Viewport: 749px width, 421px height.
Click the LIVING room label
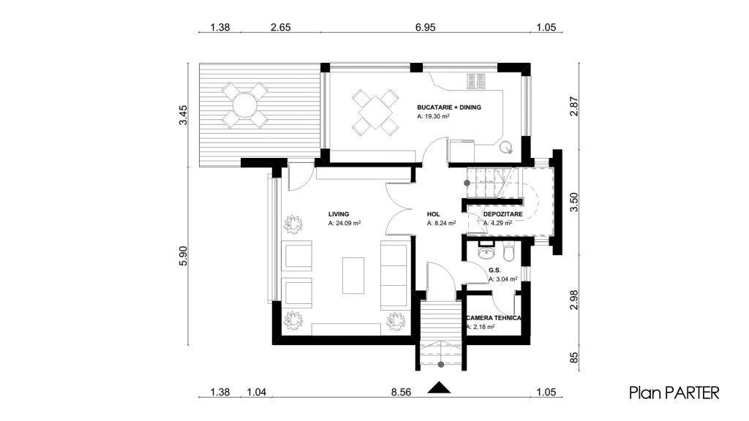tap(339, 214)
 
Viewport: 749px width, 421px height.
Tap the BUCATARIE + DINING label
tap(449, 107)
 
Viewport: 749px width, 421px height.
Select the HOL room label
tap(433, 214)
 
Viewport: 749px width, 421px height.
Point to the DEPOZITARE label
tap(503, 214)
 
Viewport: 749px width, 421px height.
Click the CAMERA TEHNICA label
tap(494, 318)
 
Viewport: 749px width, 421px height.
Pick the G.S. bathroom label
tap(495, 270)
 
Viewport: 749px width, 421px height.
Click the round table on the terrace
tap(244, 105)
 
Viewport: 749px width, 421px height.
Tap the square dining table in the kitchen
tap(375, 112)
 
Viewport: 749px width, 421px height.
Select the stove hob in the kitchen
tap(476, 81)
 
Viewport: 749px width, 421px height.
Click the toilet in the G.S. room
tap(508, 251)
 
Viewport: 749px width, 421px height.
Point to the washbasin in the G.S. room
tap(486, 251)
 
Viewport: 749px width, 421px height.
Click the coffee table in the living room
tap(353, 276)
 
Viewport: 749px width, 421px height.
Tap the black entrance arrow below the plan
tap(439, 387)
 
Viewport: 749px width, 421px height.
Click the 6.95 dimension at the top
tap(425, 27)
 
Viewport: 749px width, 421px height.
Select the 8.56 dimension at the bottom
tap(401, 392)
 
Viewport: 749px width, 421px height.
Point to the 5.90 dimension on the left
tap(183, 256)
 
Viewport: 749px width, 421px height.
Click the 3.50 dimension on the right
tap(574, 202)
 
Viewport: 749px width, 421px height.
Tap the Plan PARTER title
tap(674, 392)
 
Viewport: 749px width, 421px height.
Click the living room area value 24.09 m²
tap(345, 223)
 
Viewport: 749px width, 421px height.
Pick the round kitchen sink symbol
tap(506, 148)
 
